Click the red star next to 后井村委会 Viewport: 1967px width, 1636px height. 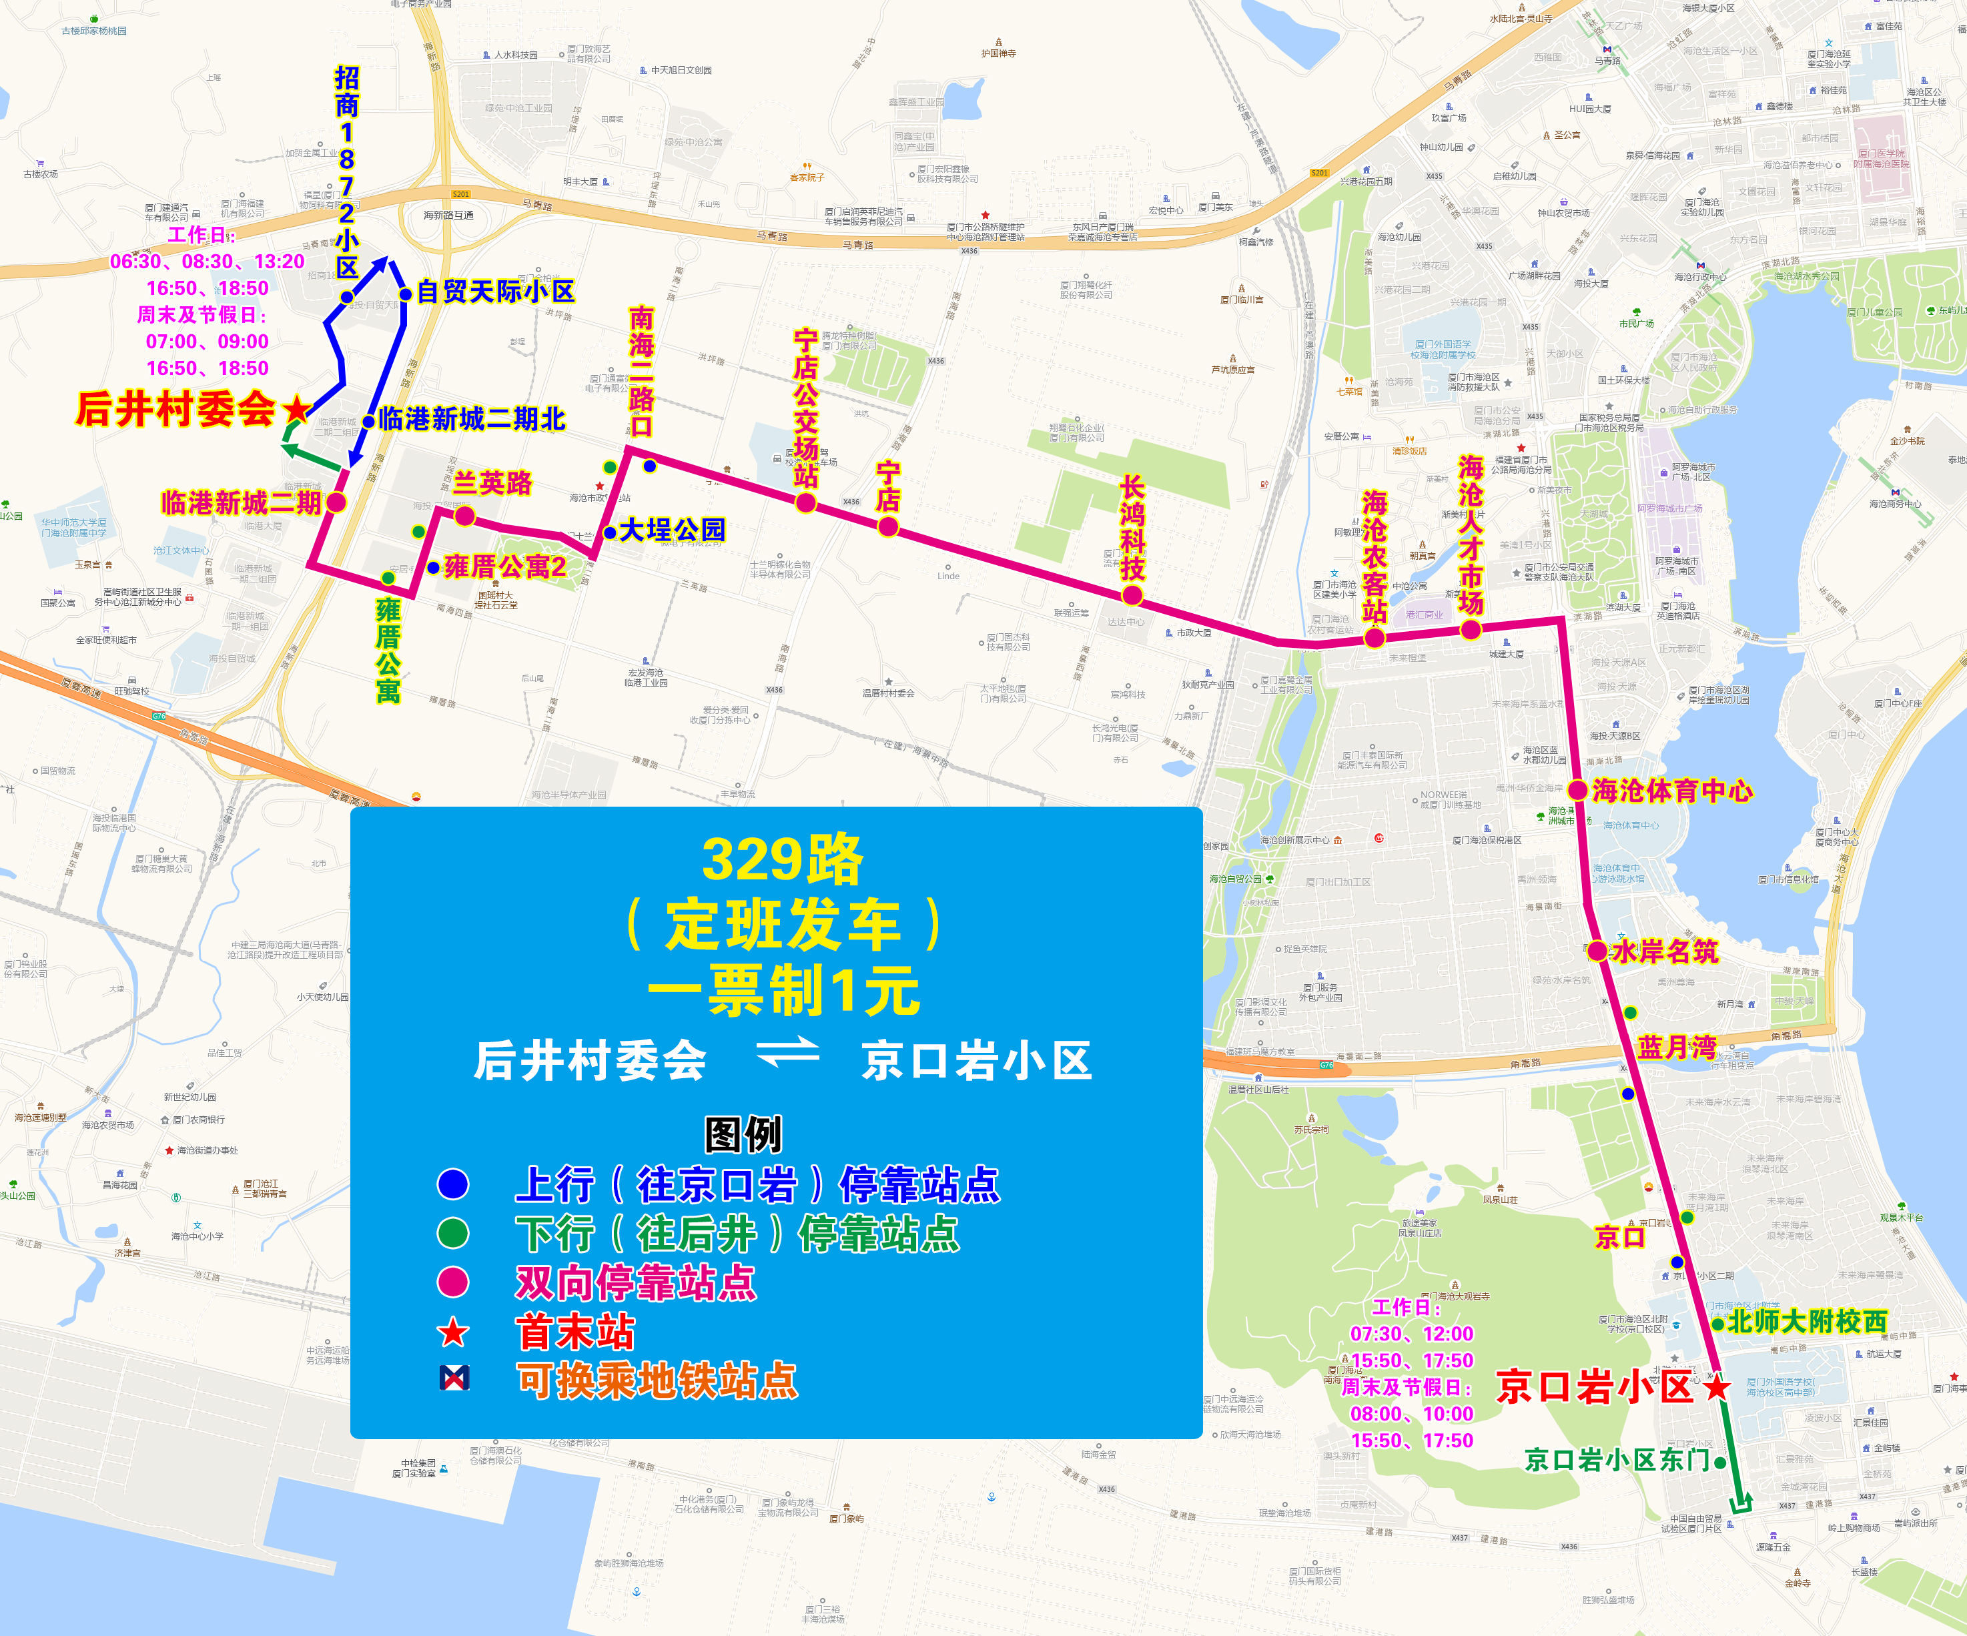point(297,408)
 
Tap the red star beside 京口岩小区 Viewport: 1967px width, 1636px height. point(1716,1387)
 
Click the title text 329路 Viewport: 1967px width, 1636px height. point(781,859)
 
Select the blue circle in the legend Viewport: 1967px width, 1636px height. point(453,1184)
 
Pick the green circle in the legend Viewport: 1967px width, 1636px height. point(453,1232)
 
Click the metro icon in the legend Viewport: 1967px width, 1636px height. point(454,1378)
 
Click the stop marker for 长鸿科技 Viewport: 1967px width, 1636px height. point(1132,594)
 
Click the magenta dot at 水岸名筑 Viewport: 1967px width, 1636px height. point(1597,951)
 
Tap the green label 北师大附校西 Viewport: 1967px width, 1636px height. point(1806,1321)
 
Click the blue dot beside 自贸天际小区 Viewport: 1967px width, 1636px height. point(406,294)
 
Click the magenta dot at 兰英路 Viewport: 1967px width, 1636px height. point(464,516)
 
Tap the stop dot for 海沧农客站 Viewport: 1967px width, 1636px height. point(1374,639)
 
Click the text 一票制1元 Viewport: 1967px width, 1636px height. point(783,991)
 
